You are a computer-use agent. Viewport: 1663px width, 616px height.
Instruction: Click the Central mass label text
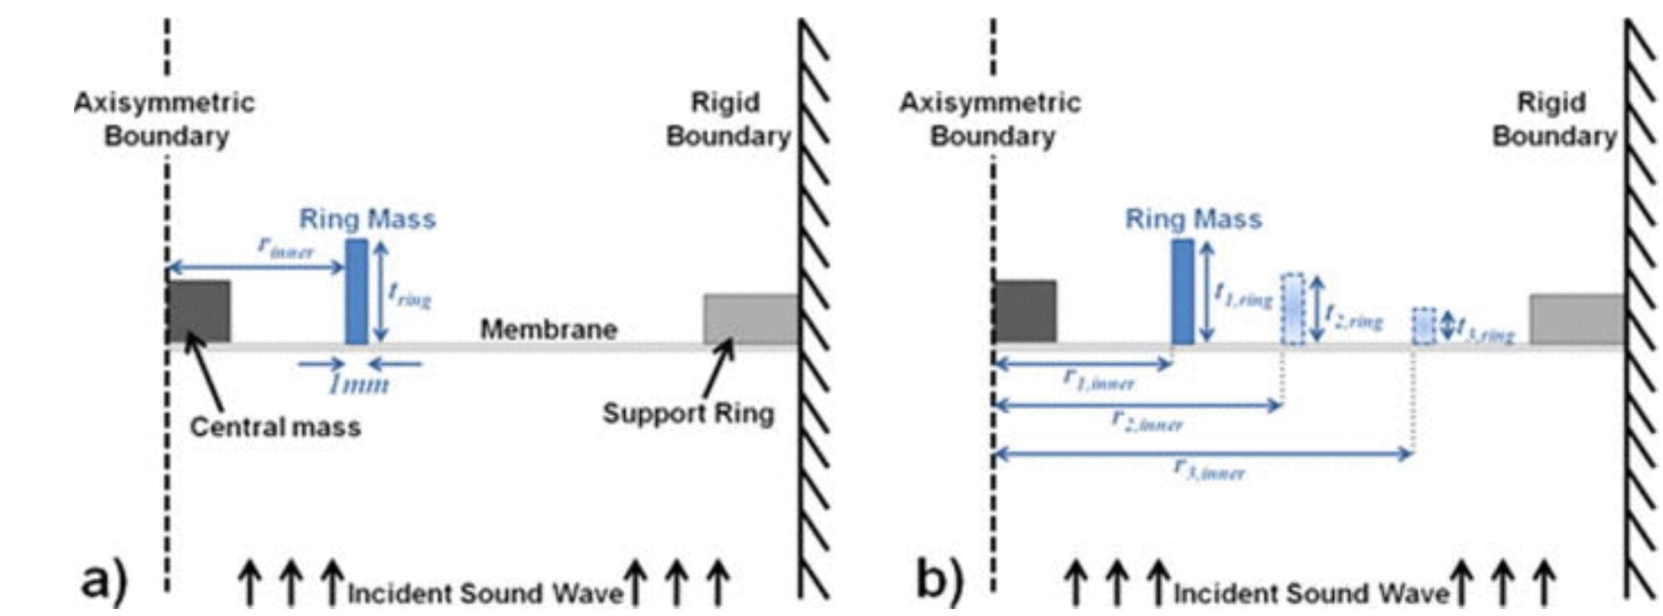pos(275,427)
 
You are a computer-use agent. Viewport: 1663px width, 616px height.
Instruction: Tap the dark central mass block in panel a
pos(199,311)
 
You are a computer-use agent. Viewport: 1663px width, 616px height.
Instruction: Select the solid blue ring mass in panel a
pos(356,292)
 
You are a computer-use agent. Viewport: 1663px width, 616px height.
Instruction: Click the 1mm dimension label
pos(359,385)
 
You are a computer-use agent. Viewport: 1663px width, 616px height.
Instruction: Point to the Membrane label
pos(548,329)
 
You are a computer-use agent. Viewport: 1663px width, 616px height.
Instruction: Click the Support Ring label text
pos(688,414)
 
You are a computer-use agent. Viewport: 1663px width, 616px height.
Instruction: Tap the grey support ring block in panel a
pos(750,319)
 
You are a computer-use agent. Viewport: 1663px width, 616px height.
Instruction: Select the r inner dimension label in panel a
pos(286,247)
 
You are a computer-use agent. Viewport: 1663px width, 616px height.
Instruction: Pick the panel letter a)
pos(104,581)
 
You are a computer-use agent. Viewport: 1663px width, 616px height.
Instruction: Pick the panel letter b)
pos(939,581)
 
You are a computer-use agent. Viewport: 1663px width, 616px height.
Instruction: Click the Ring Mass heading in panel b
pos(1193,218)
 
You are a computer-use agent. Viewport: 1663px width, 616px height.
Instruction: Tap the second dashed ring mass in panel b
pos(1292,309)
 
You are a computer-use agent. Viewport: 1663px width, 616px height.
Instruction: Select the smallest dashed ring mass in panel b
pos(1424,326)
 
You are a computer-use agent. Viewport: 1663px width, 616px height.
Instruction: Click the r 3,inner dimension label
pos(1209,470)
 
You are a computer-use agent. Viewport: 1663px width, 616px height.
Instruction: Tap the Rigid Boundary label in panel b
pos(1553,120)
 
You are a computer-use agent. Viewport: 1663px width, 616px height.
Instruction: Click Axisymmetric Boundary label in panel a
pos(165,120)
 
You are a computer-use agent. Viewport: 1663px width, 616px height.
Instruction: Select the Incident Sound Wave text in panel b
pos(1311,594)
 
